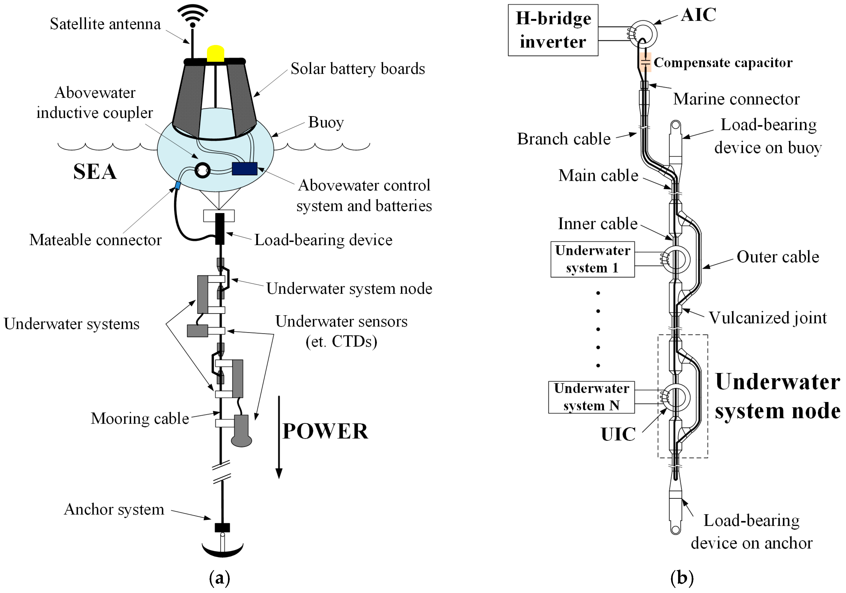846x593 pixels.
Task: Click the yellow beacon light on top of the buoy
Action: coord(216,54)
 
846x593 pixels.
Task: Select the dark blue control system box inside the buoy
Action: coord(244,169)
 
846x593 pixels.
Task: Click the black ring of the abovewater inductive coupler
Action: coord(202,170)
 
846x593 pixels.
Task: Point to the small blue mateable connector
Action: coord(178,186)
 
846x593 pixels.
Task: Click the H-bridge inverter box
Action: coord(553,30)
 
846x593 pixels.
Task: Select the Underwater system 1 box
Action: coord(593,259)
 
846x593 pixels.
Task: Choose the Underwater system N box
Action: coord(591,397)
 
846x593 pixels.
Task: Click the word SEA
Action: coord(95,172)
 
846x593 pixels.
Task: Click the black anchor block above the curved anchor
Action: coord(222,528)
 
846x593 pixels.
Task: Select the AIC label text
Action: coord(698,15)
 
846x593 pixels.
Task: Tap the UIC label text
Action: coord(618,434)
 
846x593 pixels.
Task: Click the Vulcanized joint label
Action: coord(767,318)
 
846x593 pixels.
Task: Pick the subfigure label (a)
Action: coord(220,578)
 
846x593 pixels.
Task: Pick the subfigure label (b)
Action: coord(682,578)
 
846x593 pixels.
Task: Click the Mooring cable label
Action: coord(140,419)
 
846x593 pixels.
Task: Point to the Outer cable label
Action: coord(777,257)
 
